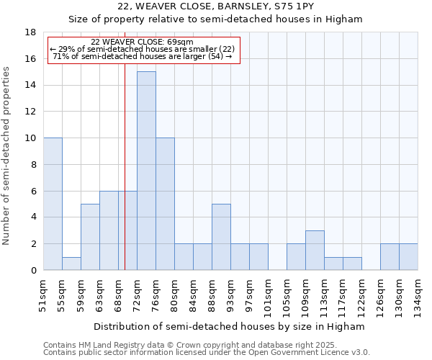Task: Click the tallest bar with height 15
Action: click(146, 171)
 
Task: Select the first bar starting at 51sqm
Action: click(53, 204)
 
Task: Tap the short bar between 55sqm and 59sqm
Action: click(71, 264)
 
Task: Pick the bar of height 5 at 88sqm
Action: click(221, 237)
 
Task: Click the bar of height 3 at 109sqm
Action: click(315, 250)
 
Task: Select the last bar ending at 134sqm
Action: click(408, 257)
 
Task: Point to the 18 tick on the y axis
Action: click(31, 32)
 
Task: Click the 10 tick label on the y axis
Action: click(31, 138)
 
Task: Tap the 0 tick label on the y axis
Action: click(33, 270)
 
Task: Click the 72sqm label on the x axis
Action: click(137, 294)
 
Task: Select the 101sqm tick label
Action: click(268, 297)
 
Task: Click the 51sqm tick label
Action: click(43, 294)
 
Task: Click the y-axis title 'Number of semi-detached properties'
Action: click(7, 156)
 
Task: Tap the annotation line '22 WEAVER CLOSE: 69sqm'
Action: click(142, 42)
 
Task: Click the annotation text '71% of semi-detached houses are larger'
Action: click(142, 56)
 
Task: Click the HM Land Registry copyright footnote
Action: click(185, 345)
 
